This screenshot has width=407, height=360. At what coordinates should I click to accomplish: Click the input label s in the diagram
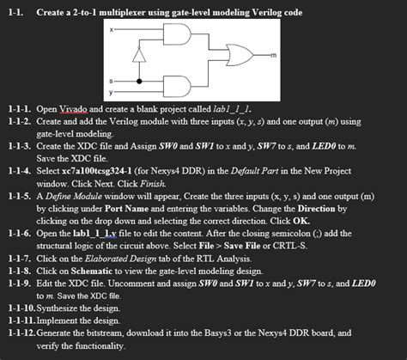(x=109, y=80)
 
